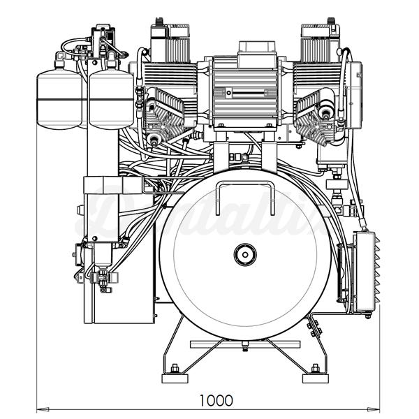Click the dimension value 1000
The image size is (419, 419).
pos(216,400)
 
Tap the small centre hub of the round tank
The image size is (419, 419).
pos(244,254)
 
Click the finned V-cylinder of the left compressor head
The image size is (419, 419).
pos(166,115)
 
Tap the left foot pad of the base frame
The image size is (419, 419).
pos(175,378)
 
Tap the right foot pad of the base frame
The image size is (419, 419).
pos(315,378)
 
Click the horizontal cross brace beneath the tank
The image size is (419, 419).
pos(244,344)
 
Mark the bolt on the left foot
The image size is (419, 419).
pos(175,368)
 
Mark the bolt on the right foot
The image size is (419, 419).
pos(316,368)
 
